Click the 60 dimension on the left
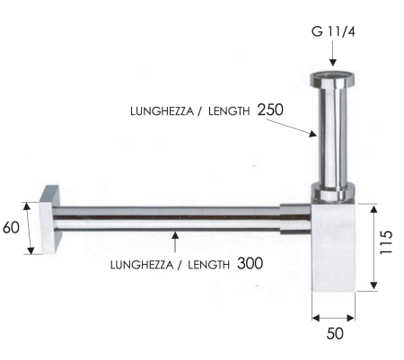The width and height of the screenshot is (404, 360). (x=11, y=227)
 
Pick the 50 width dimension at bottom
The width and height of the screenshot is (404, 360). (x=334, y=333)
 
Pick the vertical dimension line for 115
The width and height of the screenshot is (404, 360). (x=370, y=244)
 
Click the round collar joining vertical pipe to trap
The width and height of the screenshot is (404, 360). (x=332, y=191)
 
